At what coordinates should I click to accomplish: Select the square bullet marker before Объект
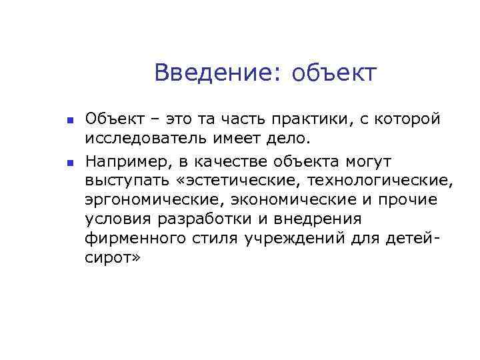click(69, 121)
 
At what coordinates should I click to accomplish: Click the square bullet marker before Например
click(69, 162)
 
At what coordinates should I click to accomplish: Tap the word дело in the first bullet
click(292, 139)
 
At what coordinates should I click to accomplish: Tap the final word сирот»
click(113, 259)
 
